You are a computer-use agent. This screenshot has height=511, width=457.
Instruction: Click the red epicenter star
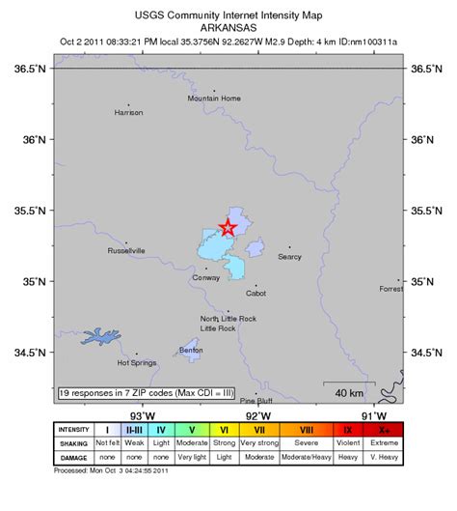click(228, 228)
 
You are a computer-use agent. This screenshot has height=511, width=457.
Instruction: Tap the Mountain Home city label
click(213, 98)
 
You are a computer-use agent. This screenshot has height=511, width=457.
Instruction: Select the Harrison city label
click(128, 112)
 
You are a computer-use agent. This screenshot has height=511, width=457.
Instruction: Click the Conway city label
click(206, 277)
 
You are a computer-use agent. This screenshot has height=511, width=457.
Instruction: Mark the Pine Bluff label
click(255, 400)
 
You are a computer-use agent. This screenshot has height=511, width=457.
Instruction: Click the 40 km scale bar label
click(349, 392)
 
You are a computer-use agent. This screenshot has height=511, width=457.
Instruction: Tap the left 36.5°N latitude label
click(30, 70)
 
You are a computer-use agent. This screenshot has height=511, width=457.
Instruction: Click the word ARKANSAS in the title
click(228, 29)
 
